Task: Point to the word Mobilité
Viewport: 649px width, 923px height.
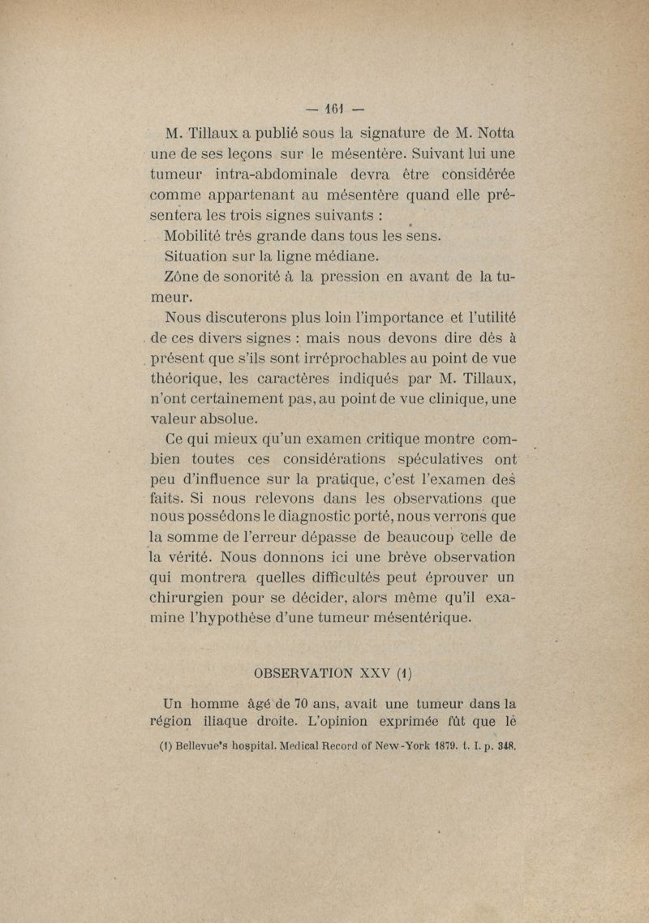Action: click(194, 236)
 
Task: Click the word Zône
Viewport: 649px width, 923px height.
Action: click(183, 277)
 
